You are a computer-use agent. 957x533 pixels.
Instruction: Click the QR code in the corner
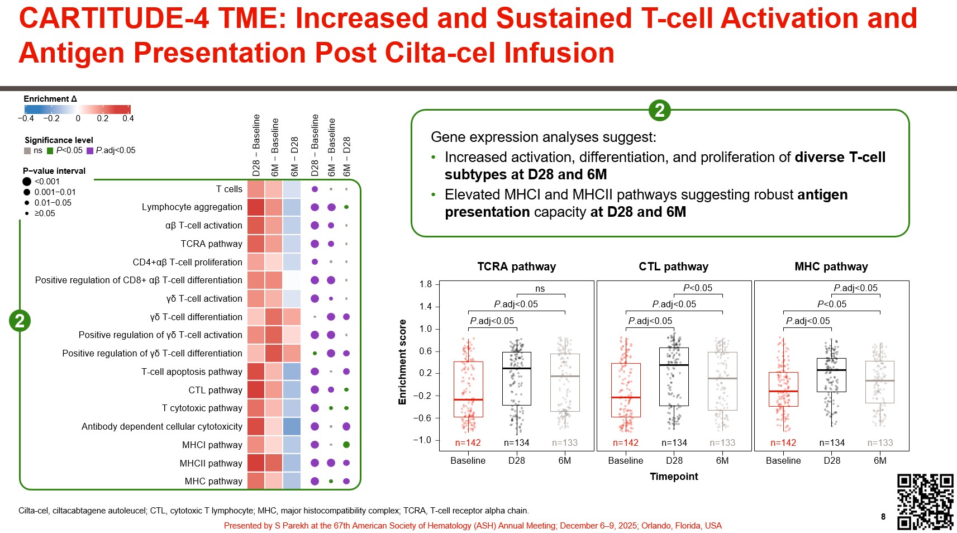click(x=925, y=501)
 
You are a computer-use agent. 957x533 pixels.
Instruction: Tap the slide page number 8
click(x=883, y=516)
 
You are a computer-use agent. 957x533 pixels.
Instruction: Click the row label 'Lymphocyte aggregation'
click(x=192, y=207)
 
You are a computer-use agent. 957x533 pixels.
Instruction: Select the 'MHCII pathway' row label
click(x=211, y=463)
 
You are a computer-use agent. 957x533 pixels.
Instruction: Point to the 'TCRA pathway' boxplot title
click(x=516, y=266)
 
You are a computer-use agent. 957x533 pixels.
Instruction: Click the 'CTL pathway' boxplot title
click(x=673, y=266)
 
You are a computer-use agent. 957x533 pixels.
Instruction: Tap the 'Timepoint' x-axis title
click(x=674, y=476)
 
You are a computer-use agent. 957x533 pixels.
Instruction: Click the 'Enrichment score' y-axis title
click(x=402, y=362)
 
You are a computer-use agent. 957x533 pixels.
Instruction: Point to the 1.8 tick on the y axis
click(x=426, y=284)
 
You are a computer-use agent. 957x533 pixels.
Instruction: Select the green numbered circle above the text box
click(x=660, y=110)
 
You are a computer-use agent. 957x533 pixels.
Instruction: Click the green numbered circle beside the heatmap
click(x=20, y=321)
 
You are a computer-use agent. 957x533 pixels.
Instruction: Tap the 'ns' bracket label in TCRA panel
click(x=540, y=289)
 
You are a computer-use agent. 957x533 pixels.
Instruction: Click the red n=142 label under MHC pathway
click(x=783, y=442)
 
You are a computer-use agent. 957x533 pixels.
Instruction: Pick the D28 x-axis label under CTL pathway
click(x=674, y=460)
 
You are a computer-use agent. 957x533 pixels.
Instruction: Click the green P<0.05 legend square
click(x=50, y=150)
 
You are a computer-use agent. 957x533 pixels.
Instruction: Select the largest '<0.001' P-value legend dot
click(x=27, y=182)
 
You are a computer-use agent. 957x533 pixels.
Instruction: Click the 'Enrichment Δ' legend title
click(x=50, y=99)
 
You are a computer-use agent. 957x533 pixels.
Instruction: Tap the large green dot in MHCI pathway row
click(x=346, y=445)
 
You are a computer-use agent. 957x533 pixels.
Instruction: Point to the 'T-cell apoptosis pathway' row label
click(x=192, y=372)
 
